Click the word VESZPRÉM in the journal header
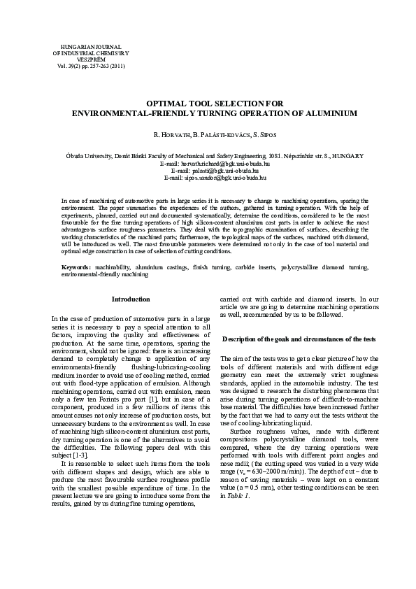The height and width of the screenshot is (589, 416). pyautogui.click(x=91, y=59)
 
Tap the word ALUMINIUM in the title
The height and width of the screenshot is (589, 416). pyautogui.click(x=315, y=111)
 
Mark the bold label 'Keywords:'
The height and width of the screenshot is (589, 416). pyautogui.click(x=77, y=267)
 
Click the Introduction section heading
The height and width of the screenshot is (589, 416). pyautogui.click(x=131, y=299)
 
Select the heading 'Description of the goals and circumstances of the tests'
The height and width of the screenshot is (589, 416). pyautogui.click(x=299, y=339)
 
